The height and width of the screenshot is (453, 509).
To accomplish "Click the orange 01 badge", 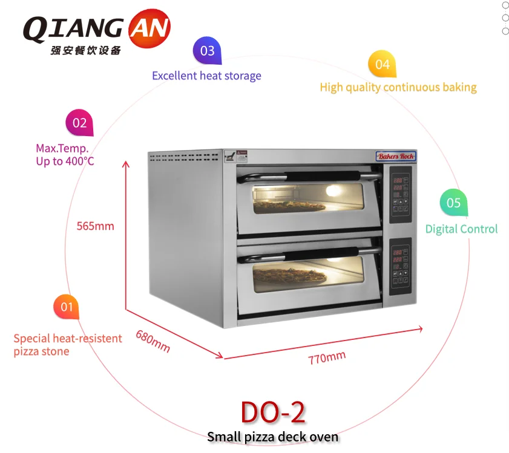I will click(66, 307).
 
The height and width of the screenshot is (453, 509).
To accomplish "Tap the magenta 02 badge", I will click(79, 123).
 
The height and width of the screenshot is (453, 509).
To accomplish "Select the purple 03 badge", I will click(207, 51).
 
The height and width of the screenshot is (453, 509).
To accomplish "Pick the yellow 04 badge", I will click(382, 64).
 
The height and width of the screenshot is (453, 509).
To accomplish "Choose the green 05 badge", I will click(453, 203).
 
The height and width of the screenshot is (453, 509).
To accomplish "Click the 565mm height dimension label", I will click(95, 227).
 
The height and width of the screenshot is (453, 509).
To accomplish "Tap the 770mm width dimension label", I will click(327, 357).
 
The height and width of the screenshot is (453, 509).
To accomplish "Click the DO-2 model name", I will click(272, 412).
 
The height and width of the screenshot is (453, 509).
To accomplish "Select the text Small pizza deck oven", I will click(272, 437).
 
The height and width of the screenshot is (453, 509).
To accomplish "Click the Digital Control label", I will click(461, 229).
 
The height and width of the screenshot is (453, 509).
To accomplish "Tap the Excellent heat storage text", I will click(206, 76).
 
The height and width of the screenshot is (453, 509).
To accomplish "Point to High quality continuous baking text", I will click(398, 88).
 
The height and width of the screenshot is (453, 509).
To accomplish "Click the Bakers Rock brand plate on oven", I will click(396, 157).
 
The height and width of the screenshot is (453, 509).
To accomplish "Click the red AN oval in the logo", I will click(149, 27).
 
